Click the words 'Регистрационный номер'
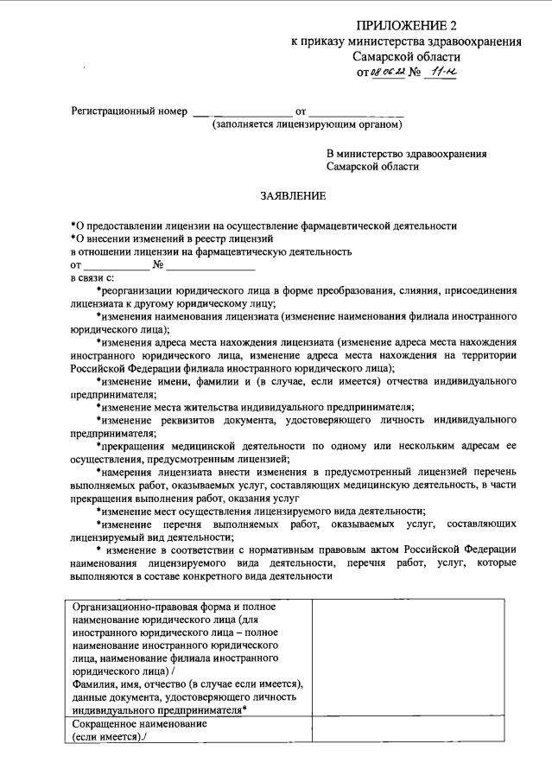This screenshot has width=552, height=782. (129, 112)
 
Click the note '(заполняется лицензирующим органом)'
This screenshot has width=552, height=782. (308, 125)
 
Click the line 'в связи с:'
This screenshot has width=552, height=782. (92, 277)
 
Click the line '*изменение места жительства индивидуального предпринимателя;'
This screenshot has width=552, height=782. (255, 407)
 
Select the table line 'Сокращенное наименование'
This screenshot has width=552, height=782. (139, 724)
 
